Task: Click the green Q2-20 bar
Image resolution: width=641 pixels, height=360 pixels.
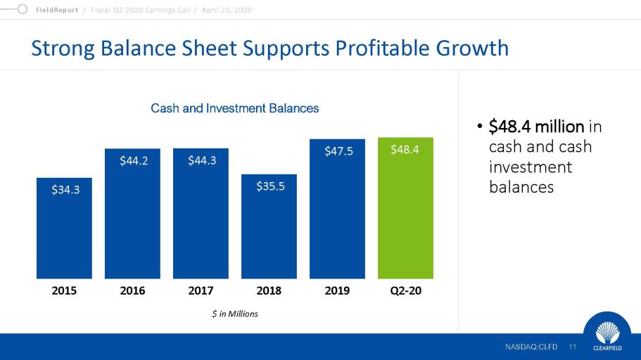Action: (405, 208)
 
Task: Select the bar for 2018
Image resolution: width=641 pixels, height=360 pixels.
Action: (269, 226)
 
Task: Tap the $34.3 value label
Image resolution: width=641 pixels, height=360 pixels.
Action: (65, 190)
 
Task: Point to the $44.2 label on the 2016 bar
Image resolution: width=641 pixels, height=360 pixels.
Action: (134, 160)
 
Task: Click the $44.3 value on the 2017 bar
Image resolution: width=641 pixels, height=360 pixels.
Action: (202, 160)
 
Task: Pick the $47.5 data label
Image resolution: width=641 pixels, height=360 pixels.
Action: (338, 151)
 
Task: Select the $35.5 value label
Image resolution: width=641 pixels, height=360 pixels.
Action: (270, 186)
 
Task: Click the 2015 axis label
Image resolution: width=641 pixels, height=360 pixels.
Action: (64, 290)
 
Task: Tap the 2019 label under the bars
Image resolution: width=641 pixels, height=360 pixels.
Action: (337, 290)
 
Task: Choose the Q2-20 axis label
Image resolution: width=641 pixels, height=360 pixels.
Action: (405, 290)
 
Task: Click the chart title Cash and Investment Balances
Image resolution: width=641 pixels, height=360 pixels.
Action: (234, 108)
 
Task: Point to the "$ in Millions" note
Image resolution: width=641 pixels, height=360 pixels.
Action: (235, 314)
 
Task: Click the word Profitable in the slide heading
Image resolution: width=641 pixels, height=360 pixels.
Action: (382, 49)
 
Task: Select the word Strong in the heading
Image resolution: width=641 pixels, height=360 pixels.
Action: (63, 49)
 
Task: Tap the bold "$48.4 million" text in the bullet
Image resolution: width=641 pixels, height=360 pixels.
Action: (536, 127)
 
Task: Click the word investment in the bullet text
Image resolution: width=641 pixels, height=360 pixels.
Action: (531, 167)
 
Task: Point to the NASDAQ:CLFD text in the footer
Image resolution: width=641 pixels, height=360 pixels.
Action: (531, 347)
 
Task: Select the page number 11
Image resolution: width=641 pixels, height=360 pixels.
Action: (572, 347)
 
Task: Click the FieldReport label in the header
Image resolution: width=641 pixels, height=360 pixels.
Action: (57, 11)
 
